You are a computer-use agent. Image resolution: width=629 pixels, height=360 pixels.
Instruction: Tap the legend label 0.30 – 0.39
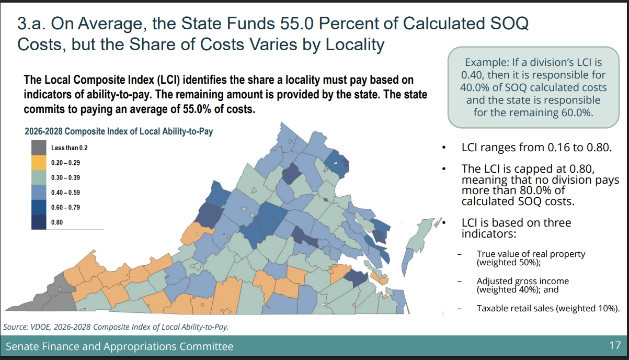[x=65, y=178]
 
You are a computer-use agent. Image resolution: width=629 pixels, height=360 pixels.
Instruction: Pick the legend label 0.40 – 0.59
[x=65, y=193]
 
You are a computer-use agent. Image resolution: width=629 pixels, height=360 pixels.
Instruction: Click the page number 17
[x=614, y=346]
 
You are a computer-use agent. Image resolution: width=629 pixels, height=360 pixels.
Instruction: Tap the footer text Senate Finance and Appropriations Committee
[x=120, y=346]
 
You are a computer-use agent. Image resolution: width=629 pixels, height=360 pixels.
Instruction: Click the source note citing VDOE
[x=116, y=327]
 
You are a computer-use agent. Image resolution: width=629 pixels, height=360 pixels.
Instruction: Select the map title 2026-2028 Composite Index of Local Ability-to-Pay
[x=119, y=131]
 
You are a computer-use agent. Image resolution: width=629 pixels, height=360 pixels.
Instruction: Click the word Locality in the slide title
[x=355, y=44]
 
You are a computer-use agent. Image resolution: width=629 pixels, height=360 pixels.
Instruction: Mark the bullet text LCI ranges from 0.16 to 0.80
[x=536, y=148]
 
